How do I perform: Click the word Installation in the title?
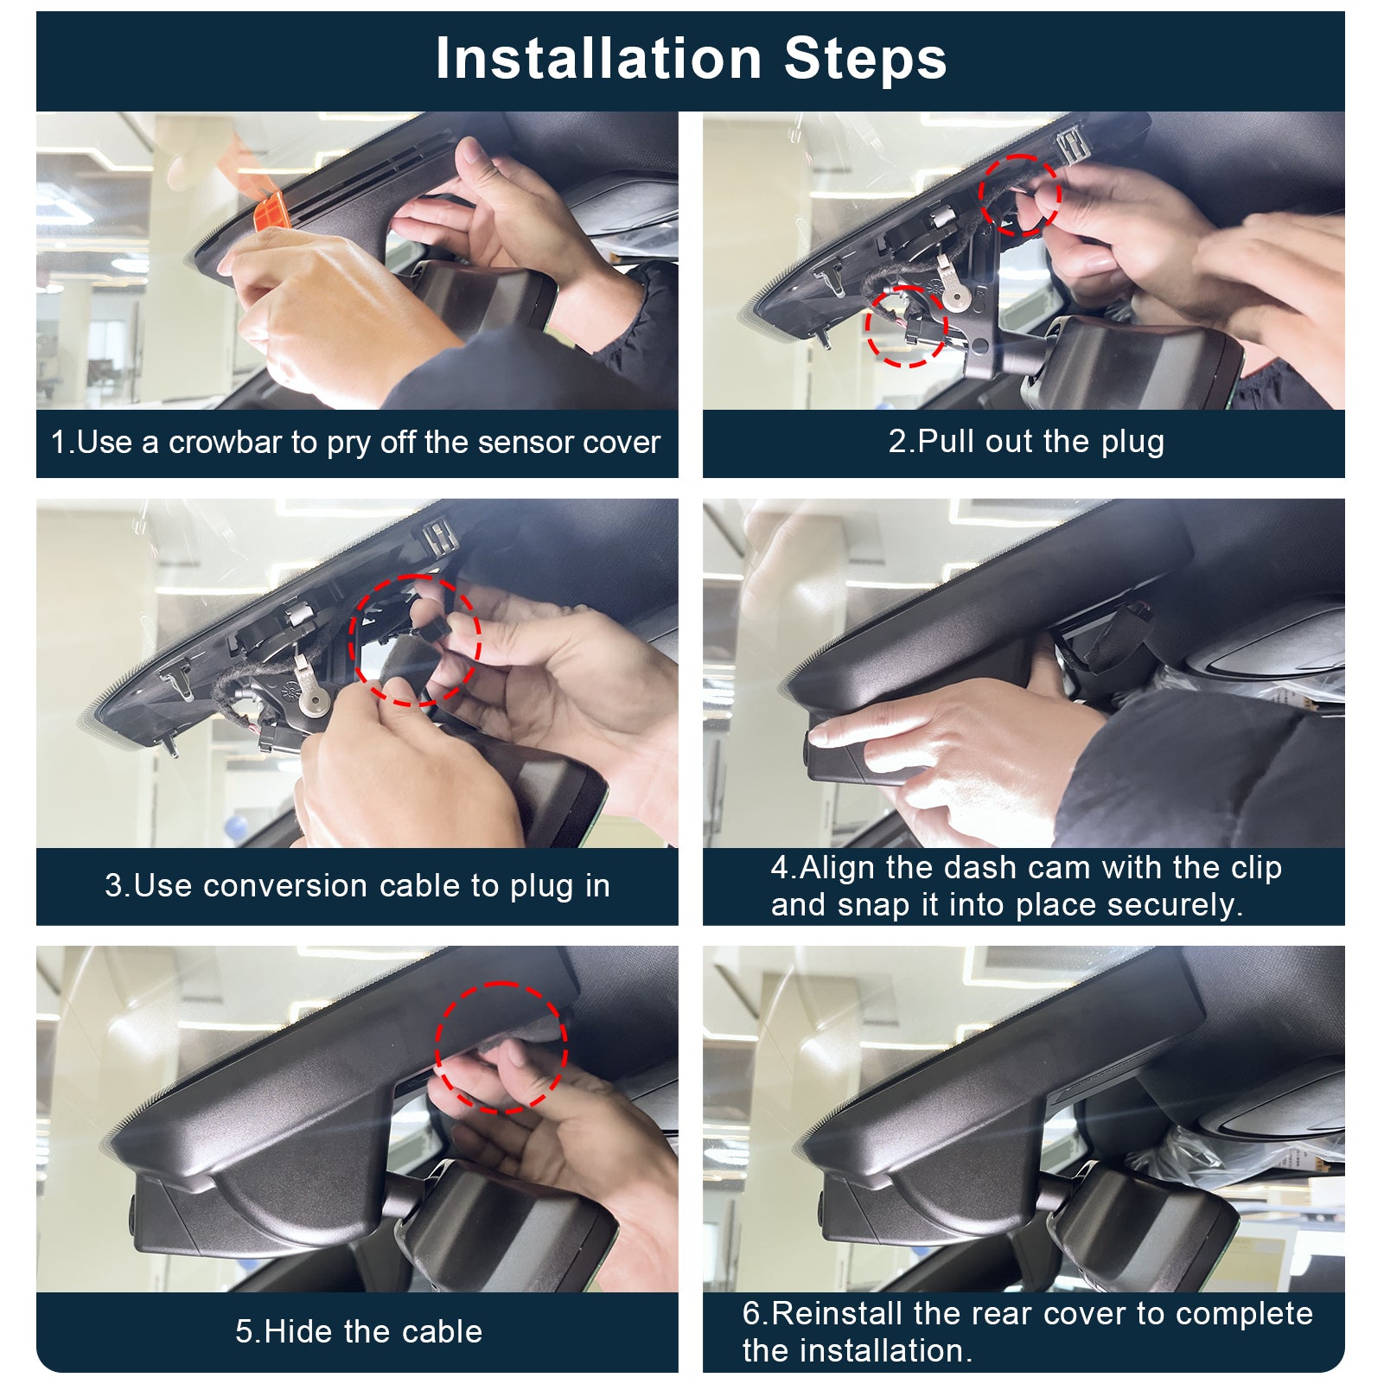[x=598, y=59]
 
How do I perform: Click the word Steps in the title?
[x=865, y=59]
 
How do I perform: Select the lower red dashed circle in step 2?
[x=906, y=325]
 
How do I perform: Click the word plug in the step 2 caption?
[x=1132, y=442]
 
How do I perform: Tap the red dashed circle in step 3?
[x=415, y=640]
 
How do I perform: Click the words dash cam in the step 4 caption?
[x=993, y=867]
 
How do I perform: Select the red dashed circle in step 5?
[x=501, y=1047]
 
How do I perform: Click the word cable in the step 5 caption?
[x=445, y=1331]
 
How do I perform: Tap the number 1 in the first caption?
[x=58, y=443]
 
